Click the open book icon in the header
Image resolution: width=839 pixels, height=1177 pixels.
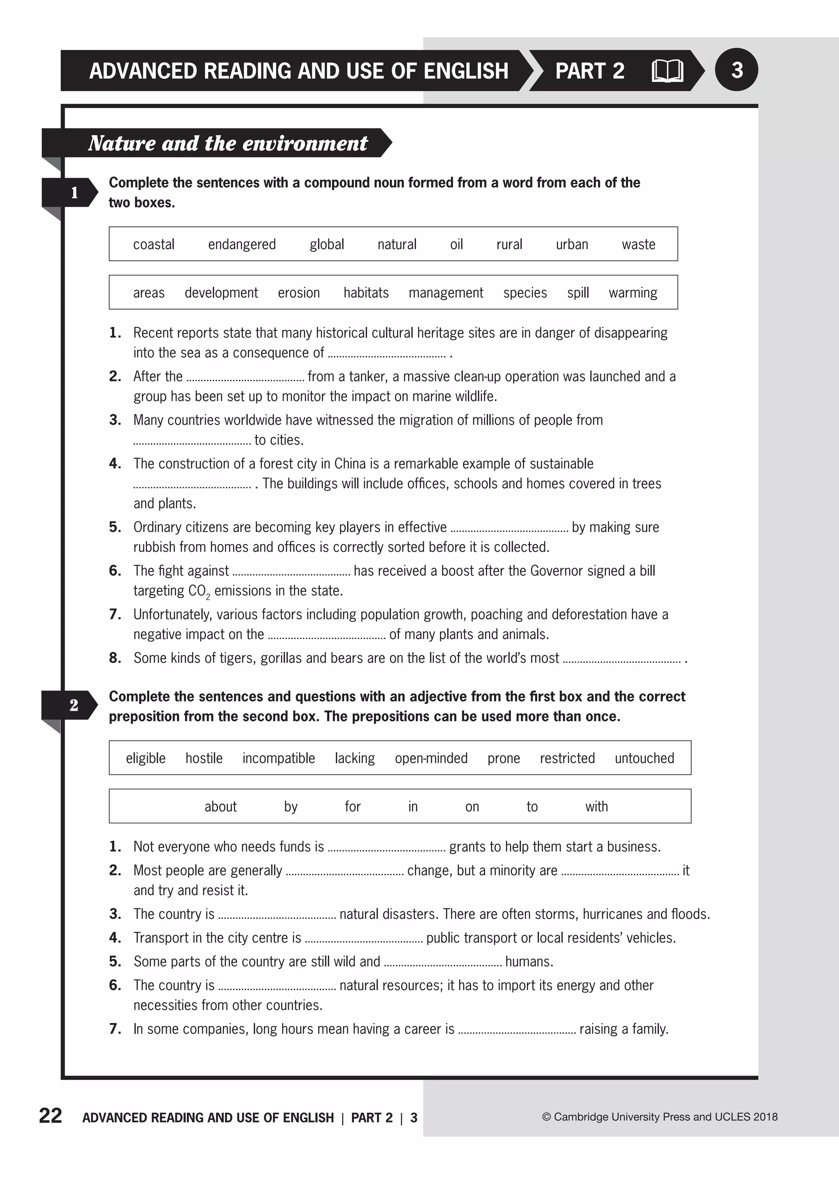point(667,71)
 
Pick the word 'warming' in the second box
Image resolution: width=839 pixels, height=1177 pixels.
point(633,293)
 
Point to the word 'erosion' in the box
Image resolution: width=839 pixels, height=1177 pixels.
point(299,293)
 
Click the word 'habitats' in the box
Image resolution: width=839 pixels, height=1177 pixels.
point(366,293)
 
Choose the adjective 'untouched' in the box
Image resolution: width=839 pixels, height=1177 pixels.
point(644,758)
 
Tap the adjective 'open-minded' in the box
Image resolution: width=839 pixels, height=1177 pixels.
point(431,758)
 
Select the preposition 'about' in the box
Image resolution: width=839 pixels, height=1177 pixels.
point(220,807)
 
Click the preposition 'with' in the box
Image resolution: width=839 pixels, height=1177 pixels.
point(596,807)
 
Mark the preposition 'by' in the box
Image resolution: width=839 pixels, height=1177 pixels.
point(291,807)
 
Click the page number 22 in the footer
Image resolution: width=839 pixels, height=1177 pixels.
point(51,1116)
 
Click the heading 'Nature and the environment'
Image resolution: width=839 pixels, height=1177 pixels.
point(228,143)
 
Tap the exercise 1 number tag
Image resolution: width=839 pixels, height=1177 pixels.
point(74,193)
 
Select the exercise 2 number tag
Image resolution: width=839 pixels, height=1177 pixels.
point(74,705)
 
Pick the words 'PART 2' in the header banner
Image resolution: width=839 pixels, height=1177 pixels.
point(590,71)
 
